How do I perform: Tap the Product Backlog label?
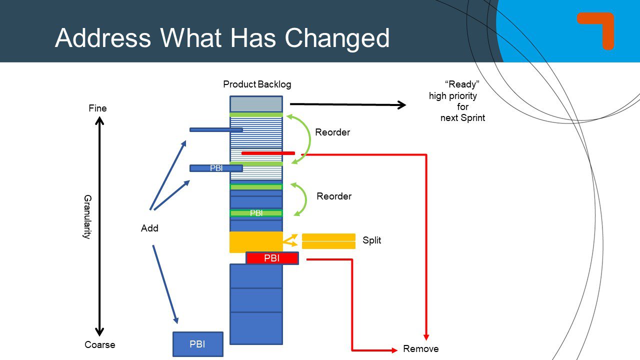(257, 84)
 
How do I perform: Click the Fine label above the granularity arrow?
(98, 108)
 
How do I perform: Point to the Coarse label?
(99, 345)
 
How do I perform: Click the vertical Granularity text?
(86, 217)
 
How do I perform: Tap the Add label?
(149, 228)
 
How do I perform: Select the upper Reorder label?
(332, 132)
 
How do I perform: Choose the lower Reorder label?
(334, 196)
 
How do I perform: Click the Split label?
(371, 240)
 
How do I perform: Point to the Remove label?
(420, 349)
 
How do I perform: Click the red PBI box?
(272, 258)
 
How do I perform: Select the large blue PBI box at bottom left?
(197, 344)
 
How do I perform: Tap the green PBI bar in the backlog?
(256, 213)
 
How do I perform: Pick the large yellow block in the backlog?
(256, 242)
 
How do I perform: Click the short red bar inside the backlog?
(268, 153)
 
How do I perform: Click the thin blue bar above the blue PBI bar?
(216, 130)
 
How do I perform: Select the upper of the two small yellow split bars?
(328, 237)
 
